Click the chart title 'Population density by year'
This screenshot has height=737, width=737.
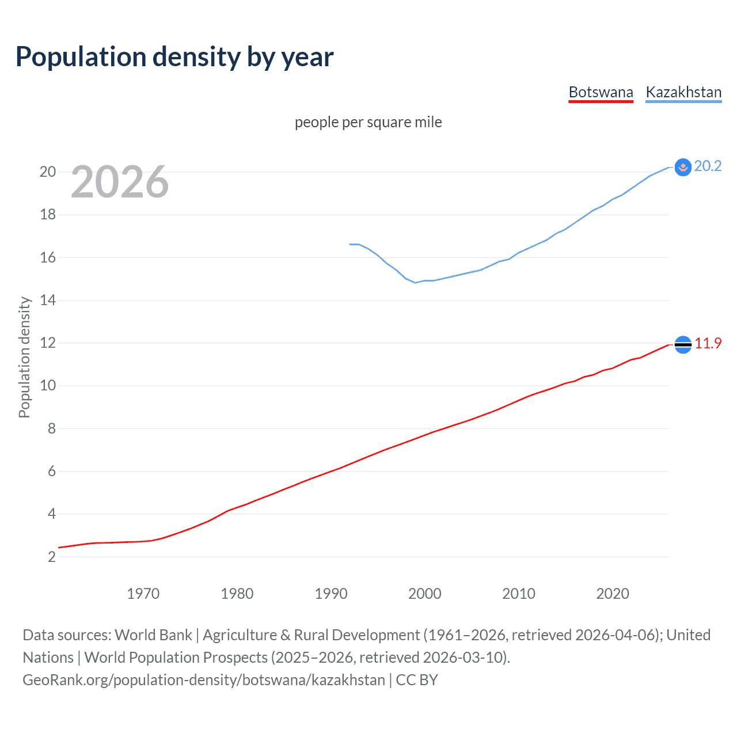click(174, 57)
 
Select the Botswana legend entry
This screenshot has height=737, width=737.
click(601, 92)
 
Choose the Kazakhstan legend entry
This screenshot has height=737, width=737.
click(683, 92)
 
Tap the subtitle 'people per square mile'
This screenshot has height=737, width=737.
click(368, 122)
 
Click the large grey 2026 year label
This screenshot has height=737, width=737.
click(120, 182)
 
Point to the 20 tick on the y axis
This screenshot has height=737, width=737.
click(48, 172)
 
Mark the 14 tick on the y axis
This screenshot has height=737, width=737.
click(48, 300)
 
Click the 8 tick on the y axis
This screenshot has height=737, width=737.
click(52, 428)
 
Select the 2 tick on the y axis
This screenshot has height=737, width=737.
click(52, 557)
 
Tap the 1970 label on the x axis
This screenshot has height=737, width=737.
click(143, 594)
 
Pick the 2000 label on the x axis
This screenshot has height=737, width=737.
click(424, 594)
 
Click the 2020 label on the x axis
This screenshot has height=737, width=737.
click(612, 594)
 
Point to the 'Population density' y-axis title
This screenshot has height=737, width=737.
click(24, 357)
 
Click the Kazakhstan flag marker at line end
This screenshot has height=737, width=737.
click(683, 167)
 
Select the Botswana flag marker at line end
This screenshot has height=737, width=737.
click(683, 344)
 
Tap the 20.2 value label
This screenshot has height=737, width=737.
click(708, 166)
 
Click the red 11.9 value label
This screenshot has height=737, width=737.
click(708, 343)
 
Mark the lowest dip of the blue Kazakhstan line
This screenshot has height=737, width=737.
click(415, 282)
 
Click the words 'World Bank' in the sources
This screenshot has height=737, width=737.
click(153, 635)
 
